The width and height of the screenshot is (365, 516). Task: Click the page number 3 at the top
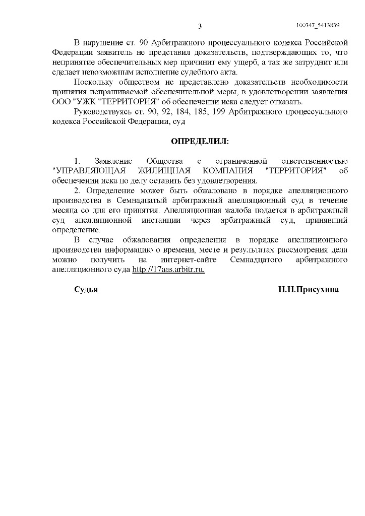point(200,26)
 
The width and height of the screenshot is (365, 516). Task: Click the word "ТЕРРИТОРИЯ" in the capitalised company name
point(296,171)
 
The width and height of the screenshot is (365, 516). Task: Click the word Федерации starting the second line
point(71,53)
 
